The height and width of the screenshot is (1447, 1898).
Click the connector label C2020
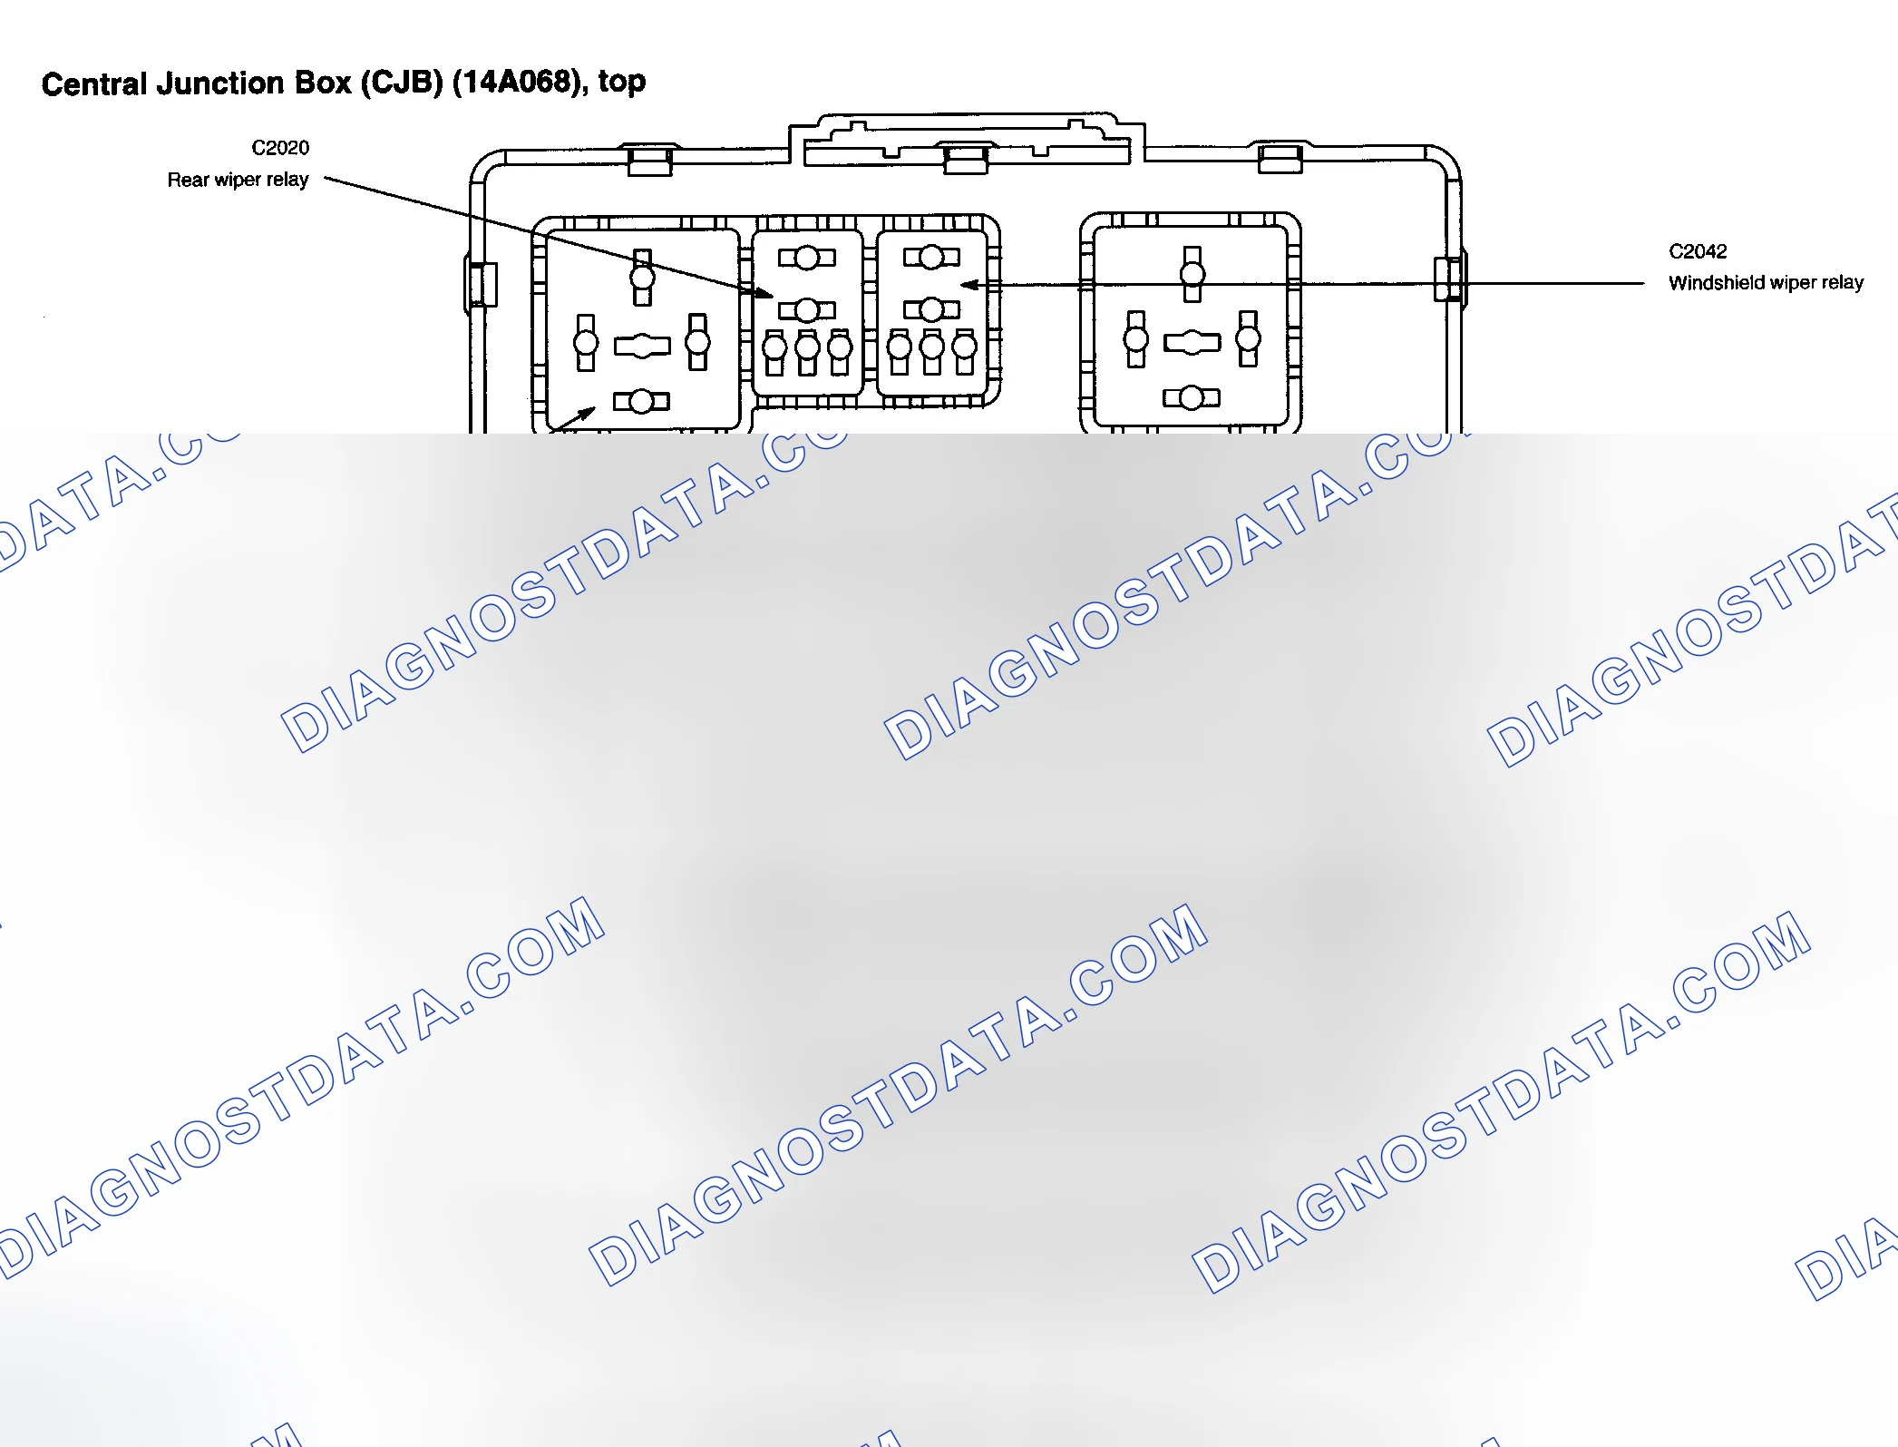click(280, 148)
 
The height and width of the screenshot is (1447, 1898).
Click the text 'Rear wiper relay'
click(238, 180)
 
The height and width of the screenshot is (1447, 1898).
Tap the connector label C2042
click(1698, 251)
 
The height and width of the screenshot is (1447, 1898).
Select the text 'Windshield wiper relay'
click(1766, 283)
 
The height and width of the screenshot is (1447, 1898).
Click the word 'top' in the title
click(622, 83)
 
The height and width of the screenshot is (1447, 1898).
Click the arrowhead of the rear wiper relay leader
click(764, 293)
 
